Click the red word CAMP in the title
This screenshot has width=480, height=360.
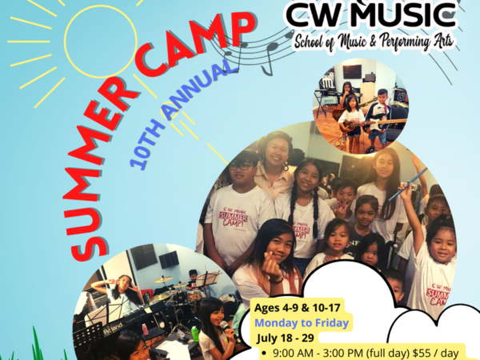pyautogui.click(x=196, y=46)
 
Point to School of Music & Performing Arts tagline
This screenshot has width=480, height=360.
pyautogui.click(x=374, y=42)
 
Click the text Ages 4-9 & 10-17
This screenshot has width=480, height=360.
pyautogui.click(x=298, y=307)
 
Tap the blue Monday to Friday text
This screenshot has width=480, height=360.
pyautogui.click(x=302, y=322)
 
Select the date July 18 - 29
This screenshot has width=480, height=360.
pyautogui.click(x=286, y=338)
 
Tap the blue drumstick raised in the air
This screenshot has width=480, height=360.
pyautogui.click(x=408, y=184)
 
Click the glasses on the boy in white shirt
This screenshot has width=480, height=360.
pyautogui.click(x=242, y=167)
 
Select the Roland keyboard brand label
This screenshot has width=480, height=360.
pyautogui.click(x=114, y=328)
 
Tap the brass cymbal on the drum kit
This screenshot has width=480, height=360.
pyautogui.click(x=163, y=279)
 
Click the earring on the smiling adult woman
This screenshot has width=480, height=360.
pyautogui.click(x=286, y=167)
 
